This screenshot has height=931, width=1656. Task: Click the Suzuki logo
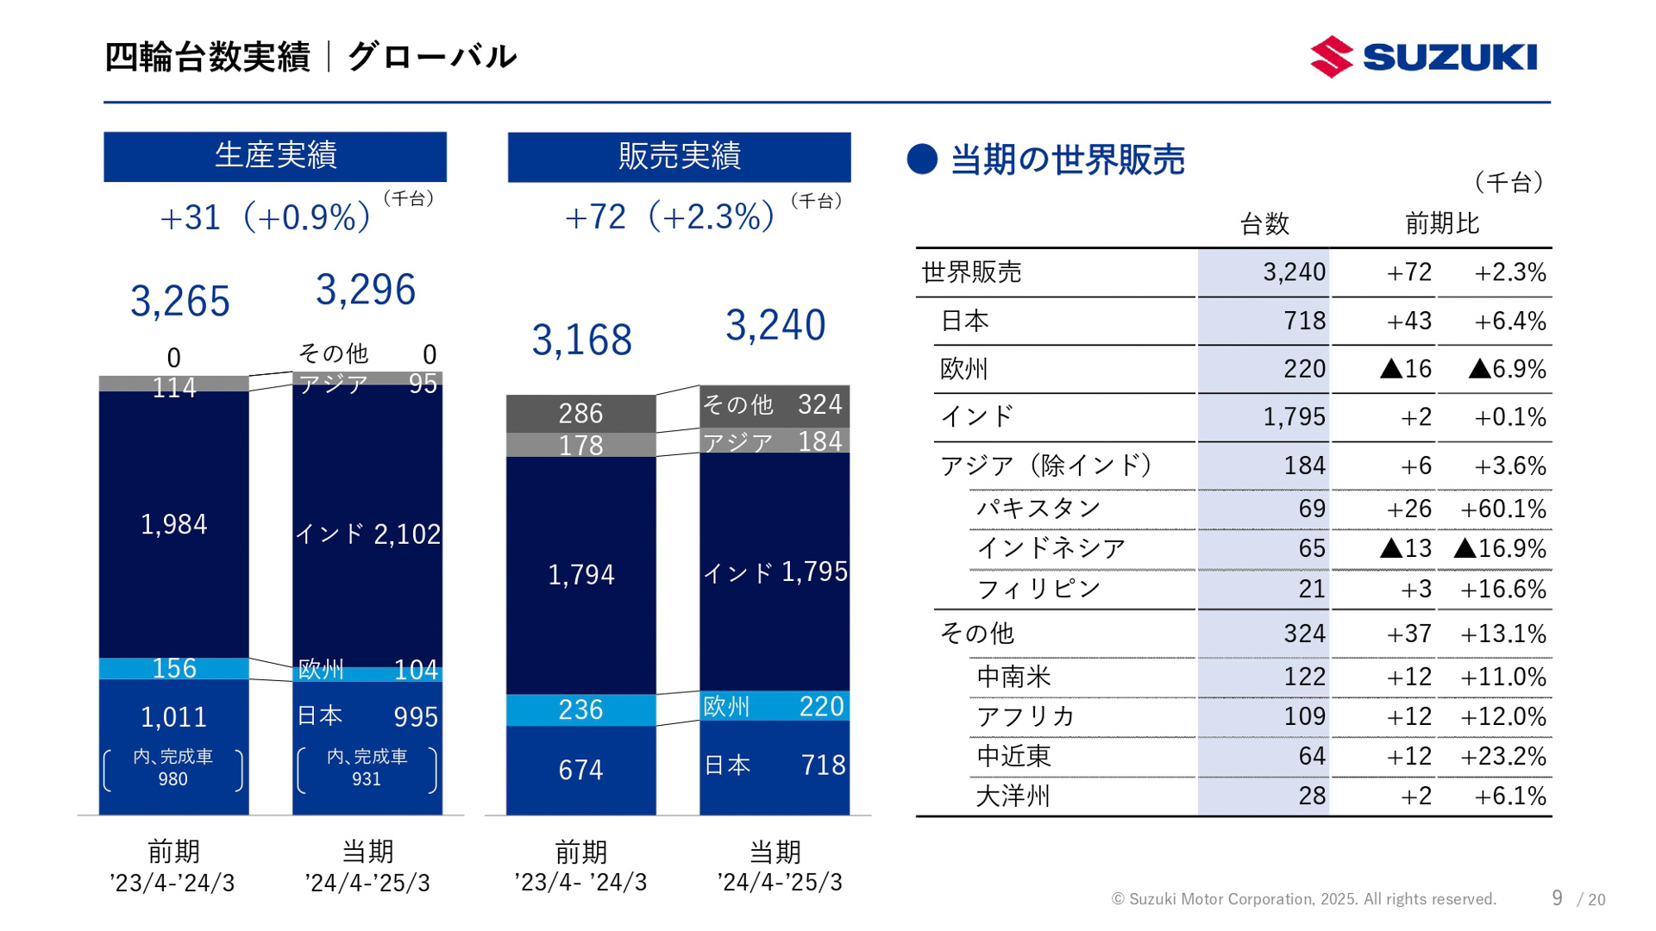coord(1423,57)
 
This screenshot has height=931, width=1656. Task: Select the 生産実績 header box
coord(275,156)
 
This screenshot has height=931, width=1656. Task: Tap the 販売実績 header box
coord(679,157)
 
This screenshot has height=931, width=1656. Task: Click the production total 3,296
coord(366,290)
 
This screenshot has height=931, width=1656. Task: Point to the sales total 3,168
coord(581,340)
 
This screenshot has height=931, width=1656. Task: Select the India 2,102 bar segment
coord(367,534)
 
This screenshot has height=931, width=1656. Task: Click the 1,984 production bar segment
coord(174,524)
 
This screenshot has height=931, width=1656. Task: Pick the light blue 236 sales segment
coord(580,709)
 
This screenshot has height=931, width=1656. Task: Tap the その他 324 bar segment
coord(774,405)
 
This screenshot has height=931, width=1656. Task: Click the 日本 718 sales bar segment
coord(774,765)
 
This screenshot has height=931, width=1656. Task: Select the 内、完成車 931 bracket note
coord(367,768)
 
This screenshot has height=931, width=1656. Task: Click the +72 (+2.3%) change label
coord(670,216)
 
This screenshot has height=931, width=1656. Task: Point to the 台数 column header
coord(1264,224)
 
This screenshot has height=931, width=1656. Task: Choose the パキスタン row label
coord(1038,508)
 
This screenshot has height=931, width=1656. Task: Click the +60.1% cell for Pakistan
coord(1502,509)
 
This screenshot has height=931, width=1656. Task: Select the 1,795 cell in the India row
coord(1294,417)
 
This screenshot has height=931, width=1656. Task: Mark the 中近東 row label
coord(1013,756)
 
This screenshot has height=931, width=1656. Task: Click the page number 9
coord(1557,898)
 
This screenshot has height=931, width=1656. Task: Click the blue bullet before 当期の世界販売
coord(922,159)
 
